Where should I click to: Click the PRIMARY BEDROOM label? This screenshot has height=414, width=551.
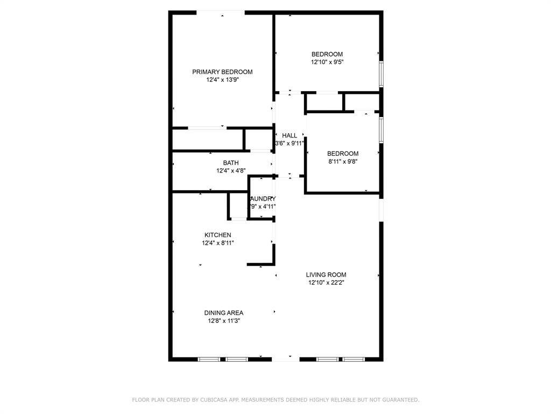(x=222, y=72)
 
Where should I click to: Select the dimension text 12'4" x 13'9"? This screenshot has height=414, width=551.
(x=222, y=80)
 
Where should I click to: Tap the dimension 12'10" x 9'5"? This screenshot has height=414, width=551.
(x=327, y=62)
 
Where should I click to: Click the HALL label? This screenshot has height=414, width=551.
(x=289, y=135)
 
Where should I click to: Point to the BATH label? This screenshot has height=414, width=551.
(x=231, y=163)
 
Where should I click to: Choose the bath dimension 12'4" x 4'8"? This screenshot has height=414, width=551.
(x=231, y=171)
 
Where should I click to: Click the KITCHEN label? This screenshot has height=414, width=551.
(x=217, y=235)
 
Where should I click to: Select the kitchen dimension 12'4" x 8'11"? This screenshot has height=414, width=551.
(x=217, y=243)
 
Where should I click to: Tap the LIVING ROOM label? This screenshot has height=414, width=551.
(x=326, y=274)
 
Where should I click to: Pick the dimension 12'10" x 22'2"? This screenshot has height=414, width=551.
(x=326, y=282)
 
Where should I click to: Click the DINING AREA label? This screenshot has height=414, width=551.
(x=223, y=313)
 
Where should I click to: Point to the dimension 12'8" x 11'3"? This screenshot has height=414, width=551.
(x=223, y=321)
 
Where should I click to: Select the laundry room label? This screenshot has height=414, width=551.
(x=263, y=199)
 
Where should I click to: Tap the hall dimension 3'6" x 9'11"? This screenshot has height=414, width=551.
(x=289, y=143)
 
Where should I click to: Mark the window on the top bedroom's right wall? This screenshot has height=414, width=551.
(x=380, y=74)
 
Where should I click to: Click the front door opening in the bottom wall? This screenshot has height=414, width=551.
(x=285, y=358)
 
